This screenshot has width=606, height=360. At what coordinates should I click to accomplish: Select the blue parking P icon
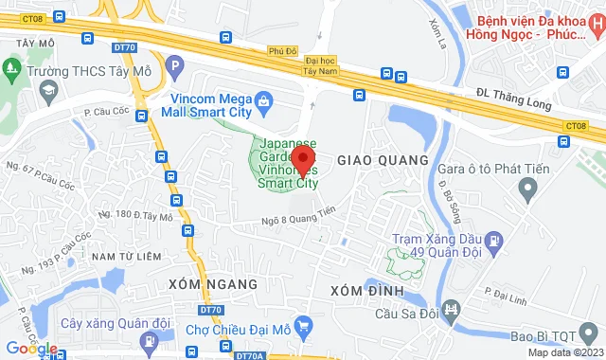174,65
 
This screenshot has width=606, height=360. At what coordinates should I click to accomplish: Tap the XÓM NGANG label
212,284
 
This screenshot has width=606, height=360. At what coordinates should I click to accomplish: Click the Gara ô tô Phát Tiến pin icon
528,191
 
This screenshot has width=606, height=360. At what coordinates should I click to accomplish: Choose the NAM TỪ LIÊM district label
128,256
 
